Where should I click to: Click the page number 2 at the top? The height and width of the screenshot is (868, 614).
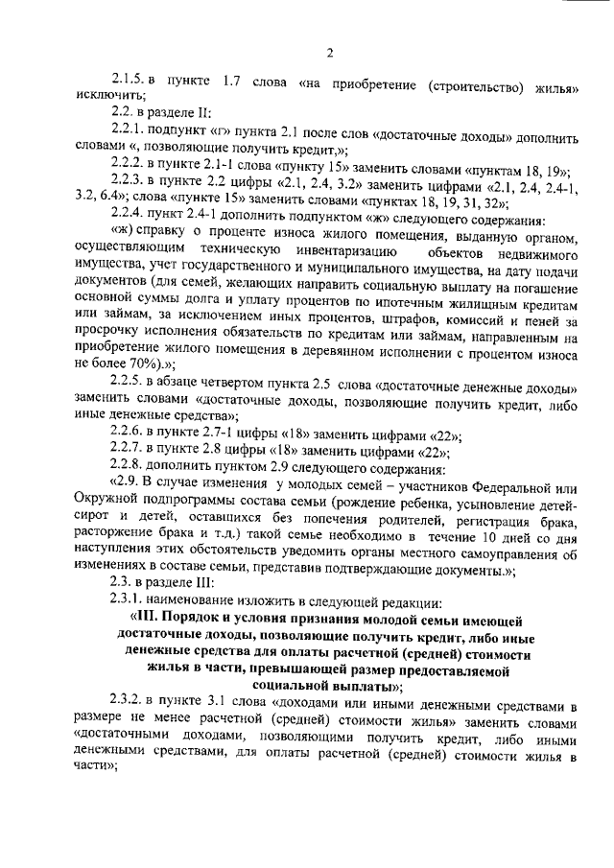tap(328, 52)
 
